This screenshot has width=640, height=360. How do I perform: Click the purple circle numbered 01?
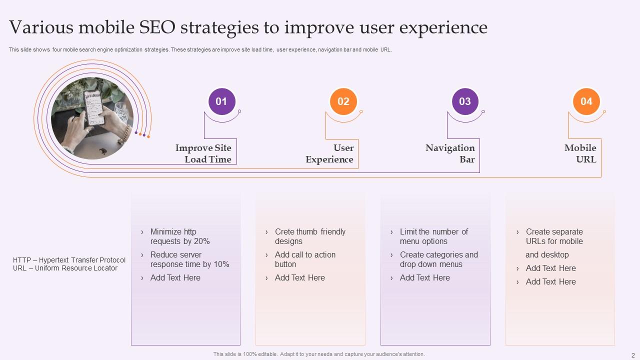click(x=221, y=101)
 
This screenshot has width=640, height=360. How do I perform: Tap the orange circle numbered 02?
click(x=343, y=101)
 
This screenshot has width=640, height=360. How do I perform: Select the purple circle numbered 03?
click(x=465, y=101)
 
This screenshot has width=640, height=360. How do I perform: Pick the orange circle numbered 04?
click(x=586, y=101)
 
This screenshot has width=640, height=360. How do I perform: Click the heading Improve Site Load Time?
click(x=203, y=153)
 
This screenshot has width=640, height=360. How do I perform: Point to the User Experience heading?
click(x=329, y=153)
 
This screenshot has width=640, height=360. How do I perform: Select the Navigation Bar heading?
click(x=450, y=153)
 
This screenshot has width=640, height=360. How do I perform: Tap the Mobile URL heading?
click(x=580, y=153)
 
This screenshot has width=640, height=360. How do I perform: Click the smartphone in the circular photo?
click(x=93, y=105)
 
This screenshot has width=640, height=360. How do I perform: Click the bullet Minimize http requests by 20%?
click(x=180, y=236)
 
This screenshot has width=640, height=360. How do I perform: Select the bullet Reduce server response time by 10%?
click(x=189, y=259)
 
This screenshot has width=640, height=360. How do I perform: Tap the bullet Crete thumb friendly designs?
click(x=310, y=236)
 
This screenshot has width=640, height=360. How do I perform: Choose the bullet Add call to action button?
click(x=305, y=259)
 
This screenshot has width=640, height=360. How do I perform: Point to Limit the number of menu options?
click(x=433, y=236)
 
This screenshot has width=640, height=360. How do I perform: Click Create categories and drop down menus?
click(x=438, y=259)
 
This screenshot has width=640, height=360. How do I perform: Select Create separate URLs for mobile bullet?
click(x=554, y=236)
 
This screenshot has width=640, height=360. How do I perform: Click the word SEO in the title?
click(x=151, y=27)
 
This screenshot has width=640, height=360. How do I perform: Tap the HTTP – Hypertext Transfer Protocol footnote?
click(x=69, y=260)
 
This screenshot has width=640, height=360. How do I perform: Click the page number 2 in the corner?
click(x=633, y=354)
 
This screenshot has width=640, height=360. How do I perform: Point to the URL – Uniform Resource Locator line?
click(x=65, y=268)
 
